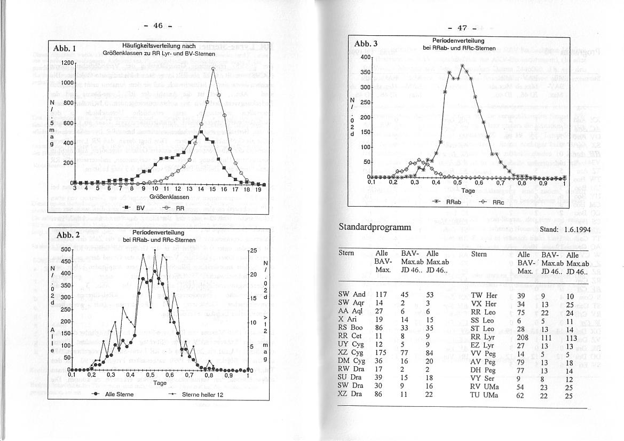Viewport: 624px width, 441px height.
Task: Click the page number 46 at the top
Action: [x=158, y=26]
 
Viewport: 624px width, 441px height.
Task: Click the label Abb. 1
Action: [x=64, y=49]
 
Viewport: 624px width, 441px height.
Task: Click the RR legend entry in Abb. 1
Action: [x=174, y=208]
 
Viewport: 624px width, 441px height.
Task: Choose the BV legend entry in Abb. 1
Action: [x=136, y=208]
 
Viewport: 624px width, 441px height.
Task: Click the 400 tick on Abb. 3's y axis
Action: [x=365, y=57]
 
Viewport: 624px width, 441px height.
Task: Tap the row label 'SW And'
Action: [x=352, y=294]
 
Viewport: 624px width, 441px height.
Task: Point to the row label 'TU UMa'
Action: [x=484, y=395]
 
